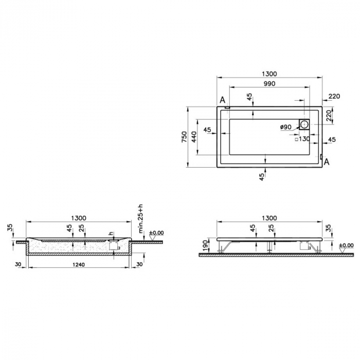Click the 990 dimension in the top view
pos(269,83)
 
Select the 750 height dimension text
pos(185,137)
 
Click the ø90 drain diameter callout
pos(286,127)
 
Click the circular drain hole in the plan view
pos(305,124)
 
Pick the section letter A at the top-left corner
pos(222,99)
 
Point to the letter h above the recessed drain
pos(110,234)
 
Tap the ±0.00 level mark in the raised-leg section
pos(346,246)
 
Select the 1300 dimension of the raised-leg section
pos(269,218)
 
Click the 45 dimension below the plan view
pos(262,176)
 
